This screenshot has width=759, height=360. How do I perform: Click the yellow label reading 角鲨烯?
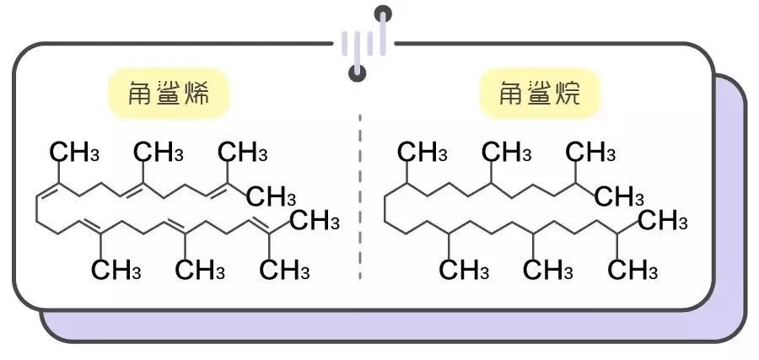pos(170,93)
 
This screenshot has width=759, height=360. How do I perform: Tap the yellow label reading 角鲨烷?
pos(541,93)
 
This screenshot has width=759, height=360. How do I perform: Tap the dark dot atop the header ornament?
pos(384,13)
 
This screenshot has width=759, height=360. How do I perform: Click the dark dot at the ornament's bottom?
pos(358,73)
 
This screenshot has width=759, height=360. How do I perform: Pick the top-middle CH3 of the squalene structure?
pos(159,153)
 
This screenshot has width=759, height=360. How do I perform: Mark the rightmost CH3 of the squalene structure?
pos(314,222)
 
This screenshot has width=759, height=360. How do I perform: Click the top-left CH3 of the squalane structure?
pos(423,153)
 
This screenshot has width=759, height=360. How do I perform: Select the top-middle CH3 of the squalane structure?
pos(506,153)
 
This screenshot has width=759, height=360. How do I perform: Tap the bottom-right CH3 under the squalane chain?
pos(632,271)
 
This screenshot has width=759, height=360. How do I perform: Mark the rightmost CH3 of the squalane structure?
pos(662,222)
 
